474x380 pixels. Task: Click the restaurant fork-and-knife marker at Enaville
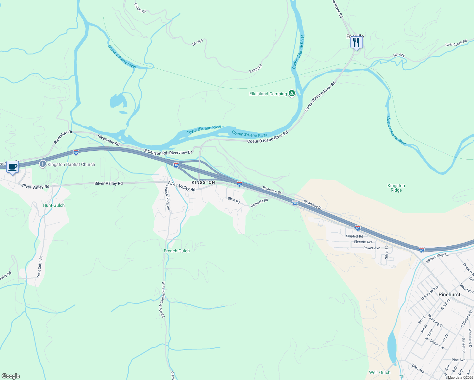click(356, 42)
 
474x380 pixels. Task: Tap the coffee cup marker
click(12, 167)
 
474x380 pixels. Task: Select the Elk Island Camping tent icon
click(291, 93)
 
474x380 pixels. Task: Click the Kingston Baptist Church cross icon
click(42, 164)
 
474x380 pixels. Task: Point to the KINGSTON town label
click(203, 182)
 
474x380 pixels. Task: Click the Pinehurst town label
click(449, 294)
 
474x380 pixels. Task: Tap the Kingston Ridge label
click(396, 188)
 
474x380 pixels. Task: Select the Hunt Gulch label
click(54, 205)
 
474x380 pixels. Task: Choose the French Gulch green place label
click(177, 251)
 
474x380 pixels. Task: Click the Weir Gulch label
click(380, 372)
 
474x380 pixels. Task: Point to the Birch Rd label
click(234, 200)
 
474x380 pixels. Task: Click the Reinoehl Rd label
click(259, 203)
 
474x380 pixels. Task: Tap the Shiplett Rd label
click(355, 236)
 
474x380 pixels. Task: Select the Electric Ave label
click(363, 242)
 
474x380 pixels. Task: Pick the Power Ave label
click(372, 248)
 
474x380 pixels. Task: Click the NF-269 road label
click(197, 42)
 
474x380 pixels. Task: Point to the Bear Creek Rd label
click(456, 43)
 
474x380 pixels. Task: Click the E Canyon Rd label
click(156, 152)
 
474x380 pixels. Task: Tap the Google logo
click(11, 376)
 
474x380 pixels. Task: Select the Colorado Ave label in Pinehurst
click(430, 293)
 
